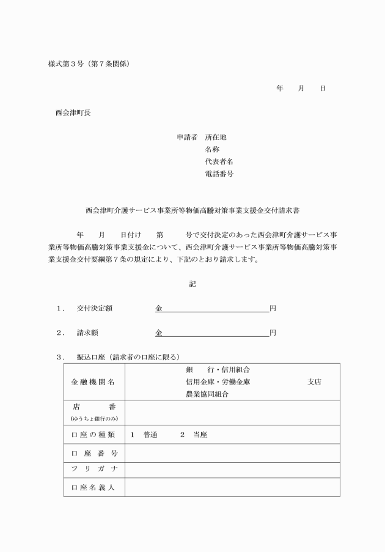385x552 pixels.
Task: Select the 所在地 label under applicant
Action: click(x=216, y=138)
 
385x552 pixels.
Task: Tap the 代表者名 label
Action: click(x=219, y=162)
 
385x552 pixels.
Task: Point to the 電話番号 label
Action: click(x=219, y=174)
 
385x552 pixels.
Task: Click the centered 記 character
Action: click(x=193, y=284)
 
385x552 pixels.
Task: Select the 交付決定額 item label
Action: click(x=94, y=309)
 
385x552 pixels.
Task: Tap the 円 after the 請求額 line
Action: click(x=273, y=333)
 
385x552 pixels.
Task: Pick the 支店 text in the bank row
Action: click(x=314, y=382)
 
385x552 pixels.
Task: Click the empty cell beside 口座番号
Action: click(x=232, y=453)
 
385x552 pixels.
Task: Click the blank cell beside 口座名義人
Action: click(x=232, y=487)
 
